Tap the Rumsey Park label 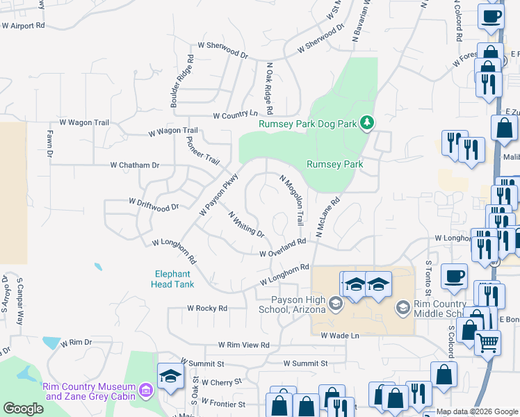pos(336,165)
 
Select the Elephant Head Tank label pos(174,279)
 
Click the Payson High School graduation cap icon pos(336,304)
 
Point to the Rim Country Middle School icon pos(402,306)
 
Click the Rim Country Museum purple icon pos(145,392)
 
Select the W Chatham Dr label pos(135,165)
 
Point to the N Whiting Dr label pos(247,224)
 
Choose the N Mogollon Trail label pos(292,199)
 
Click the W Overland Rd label pos(283,248)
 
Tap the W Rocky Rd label pos(207,308)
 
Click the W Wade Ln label pos(339,335)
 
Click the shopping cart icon pos(487,341)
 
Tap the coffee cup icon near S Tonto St pos(455,276)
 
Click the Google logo pos(23,409)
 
